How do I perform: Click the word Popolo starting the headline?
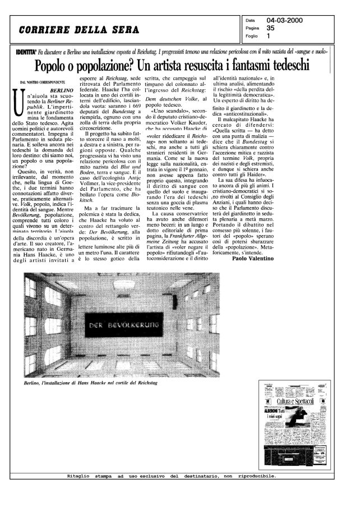(x=52, y=66)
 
